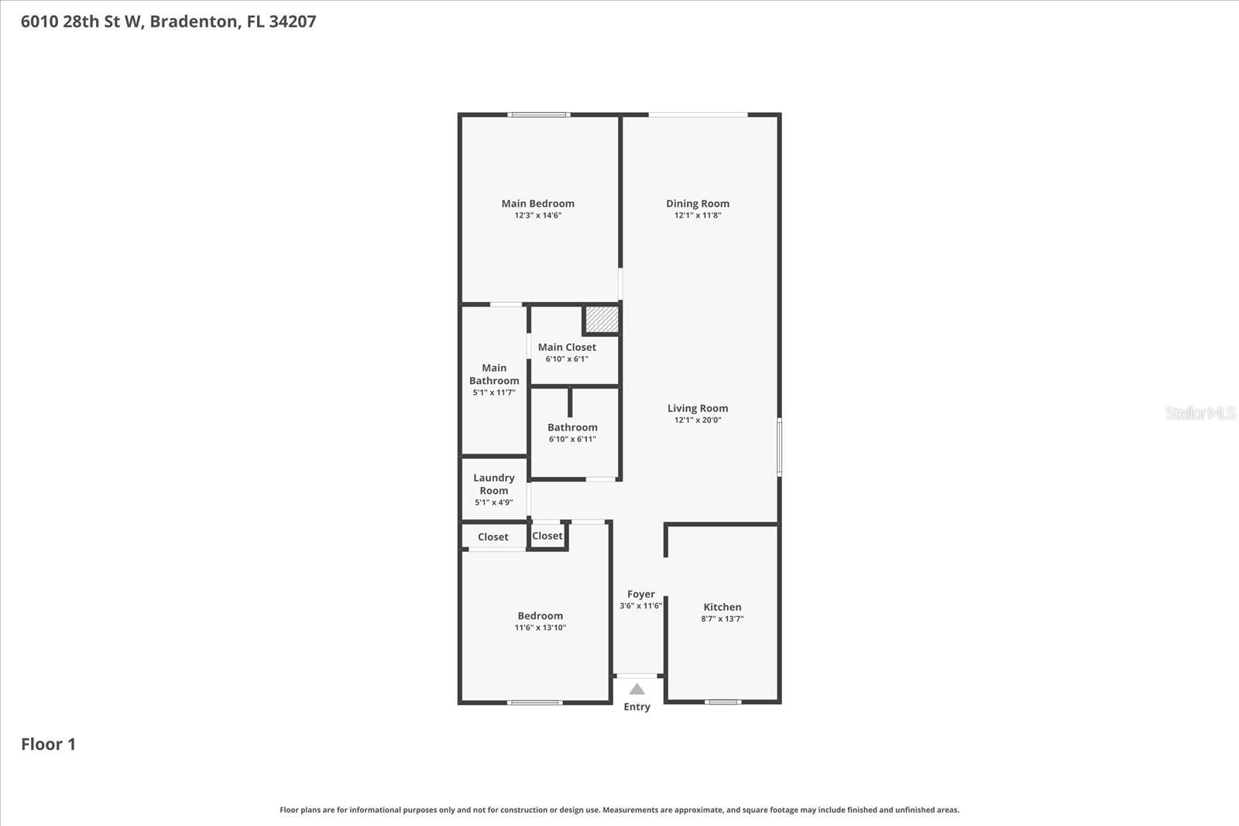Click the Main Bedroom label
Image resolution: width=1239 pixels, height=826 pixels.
tap(537, 204)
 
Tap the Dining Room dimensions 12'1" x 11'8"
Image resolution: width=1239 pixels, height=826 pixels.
tap(697, 216)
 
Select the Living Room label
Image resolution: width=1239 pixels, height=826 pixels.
tap(697, 408)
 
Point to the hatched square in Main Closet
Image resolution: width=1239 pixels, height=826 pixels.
tap(601, 319)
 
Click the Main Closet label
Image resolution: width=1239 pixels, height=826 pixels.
tap(567, 347)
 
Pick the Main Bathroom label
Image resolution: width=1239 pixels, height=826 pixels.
tap(494, 374)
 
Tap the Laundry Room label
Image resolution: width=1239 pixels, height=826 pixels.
tap(493, 484)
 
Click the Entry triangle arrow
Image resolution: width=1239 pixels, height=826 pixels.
tap(637, 689)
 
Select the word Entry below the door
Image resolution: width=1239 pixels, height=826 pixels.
tap(637, 707)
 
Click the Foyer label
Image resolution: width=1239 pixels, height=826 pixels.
tap(640, 594)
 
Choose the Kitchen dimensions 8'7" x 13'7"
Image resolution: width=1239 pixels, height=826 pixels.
tap(722, 619)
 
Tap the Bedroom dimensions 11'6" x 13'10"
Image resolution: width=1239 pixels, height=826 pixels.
tap(540, 628)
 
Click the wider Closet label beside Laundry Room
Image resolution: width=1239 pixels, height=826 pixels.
tap(493, 536)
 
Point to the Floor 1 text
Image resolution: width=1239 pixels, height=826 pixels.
tap(48, 744)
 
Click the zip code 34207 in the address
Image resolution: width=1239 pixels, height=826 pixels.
tap(292, 21)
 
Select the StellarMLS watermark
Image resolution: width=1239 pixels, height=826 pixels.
tap(1200, 413)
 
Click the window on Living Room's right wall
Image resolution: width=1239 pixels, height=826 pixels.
tap(779, 446)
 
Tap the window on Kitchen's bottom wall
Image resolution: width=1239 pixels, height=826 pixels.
tap(722, 702)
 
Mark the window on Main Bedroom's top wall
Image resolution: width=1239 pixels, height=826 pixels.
tap(538, 115)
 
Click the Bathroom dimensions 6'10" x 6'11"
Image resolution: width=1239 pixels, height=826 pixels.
tap(572, 440)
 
